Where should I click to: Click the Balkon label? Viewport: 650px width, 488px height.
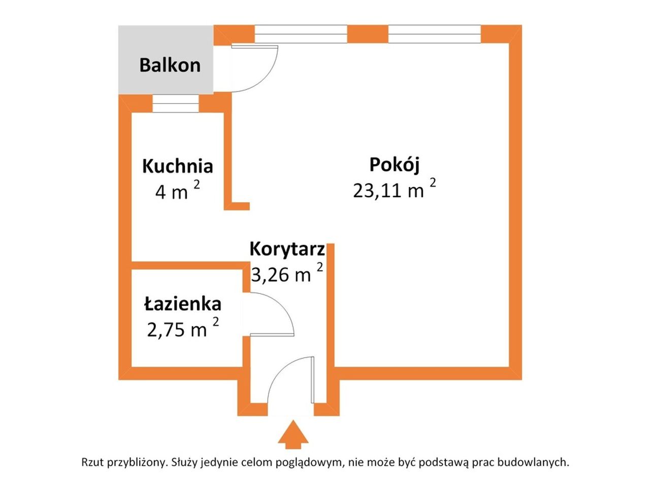(x=170, y=65)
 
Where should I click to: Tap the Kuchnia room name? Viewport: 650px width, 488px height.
(x=177, y=166)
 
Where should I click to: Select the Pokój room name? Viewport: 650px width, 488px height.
(x=395, y=165)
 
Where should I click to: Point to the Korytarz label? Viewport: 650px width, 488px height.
(x=287, y=249)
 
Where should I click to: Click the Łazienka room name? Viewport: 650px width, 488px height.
(x=183, y=303)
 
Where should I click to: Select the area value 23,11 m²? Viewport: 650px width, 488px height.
(x=395, y=189)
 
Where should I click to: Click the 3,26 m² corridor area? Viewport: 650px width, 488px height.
(x=287, y=272)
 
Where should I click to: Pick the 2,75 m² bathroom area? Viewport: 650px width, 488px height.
(x=183, y=327)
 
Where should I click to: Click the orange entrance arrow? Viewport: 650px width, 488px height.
(x=293, y=435)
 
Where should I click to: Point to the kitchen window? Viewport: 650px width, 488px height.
(x=175, y=103)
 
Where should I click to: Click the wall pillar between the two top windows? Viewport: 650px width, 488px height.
(x=367, y=34)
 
